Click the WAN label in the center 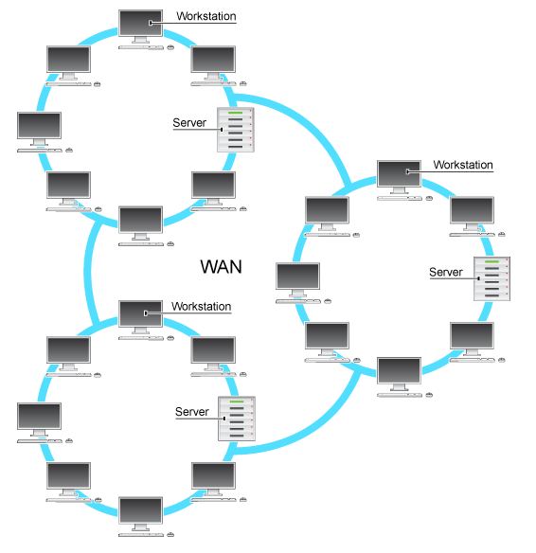[221, 267]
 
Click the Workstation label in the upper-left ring [205, 16]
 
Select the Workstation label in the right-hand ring [462, 165]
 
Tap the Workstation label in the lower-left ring [201, 307]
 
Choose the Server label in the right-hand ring [446, 272]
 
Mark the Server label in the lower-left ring [192, 411]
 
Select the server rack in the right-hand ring [492, 280]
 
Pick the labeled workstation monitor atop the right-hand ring [398, 176]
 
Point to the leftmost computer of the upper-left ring [40, 130]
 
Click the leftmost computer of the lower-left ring [40, 420]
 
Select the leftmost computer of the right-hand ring [297, 279]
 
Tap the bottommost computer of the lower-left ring [140, 514]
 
